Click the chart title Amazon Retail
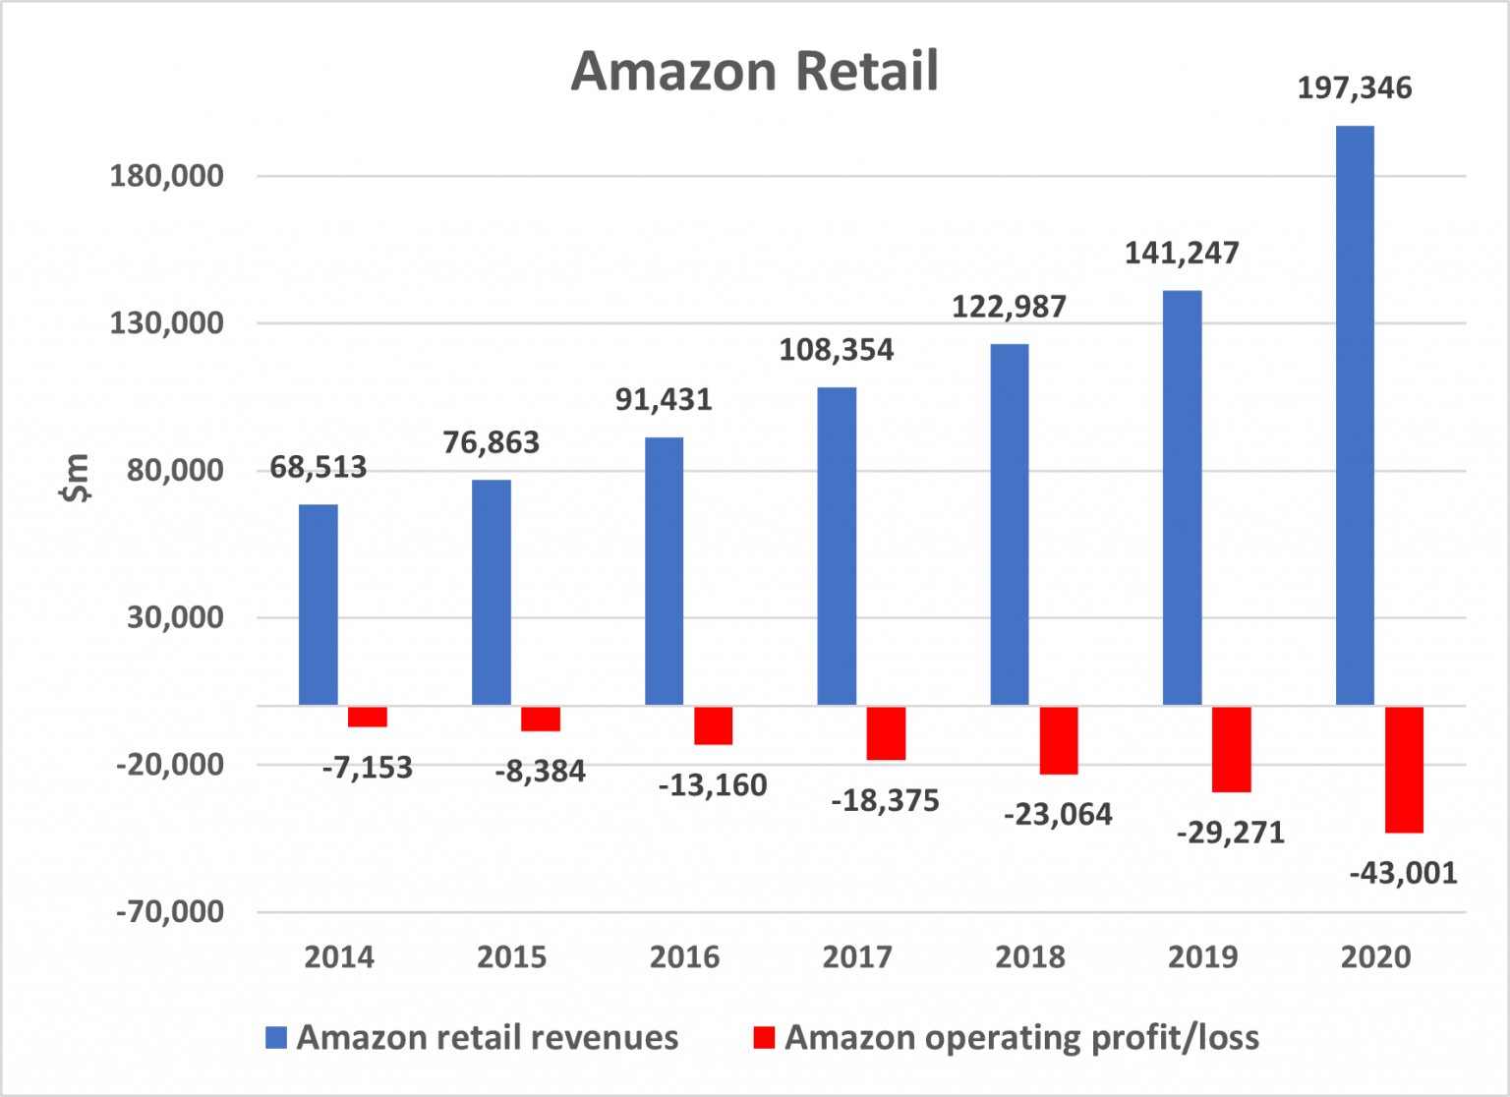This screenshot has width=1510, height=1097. point(754,71)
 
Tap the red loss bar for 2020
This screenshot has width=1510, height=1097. point(1404,769)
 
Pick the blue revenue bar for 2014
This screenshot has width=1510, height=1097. point(318,605)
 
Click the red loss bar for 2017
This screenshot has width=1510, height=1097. point(885,732)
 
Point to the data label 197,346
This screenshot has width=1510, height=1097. point(1354,88)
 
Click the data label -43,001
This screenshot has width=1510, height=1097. point(1403,873)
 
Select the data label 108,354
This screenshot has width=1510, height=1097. point(836,350)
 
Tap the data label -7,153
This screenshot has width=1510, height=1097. point(367,768)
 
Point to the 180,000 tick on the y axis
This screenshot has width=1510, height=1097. point(166,176)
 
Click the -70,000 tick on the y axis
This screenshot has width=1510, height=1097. point(169,912)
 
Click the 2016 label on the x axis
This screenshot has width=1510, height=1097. point(684,956)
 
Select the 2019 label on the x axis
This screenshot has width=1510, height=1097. point(1202,956)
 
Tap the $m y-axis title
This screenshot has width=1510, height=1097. point(75,479)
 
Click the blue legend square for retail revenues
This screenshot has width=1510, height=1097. point(276,1038)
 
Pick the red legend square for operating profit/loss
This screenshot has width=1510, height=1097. point(764,1038)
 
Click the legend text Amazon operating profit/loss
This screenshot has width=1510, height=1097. point(1021,1038)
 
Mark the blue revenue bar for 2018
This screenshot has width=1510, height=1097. point(1009,524)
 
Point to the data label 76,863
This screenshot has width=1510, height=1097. point(491,443)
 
